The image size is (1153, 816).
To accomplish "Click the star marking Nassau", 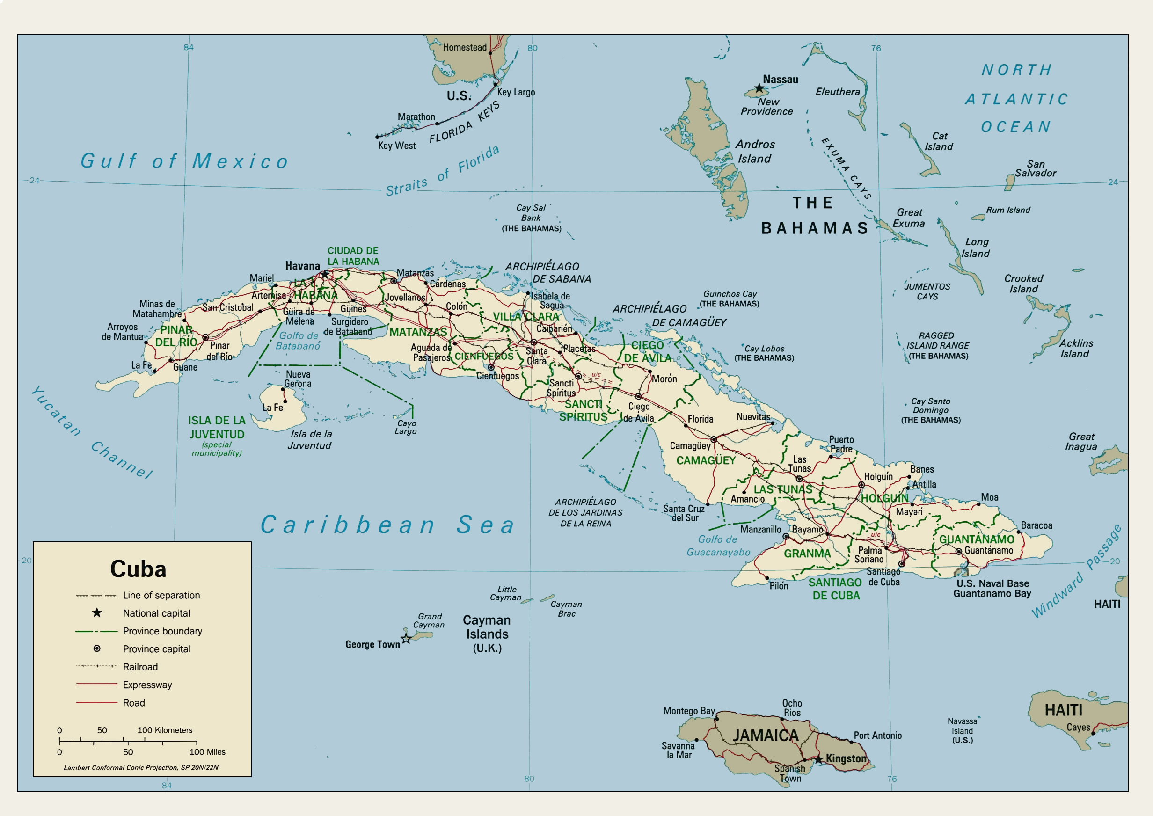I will (759, 88).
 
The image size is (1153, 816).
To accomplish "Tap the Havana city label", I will (302, 266).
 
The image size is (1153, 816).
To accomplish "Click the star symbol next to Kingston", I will (819, 759).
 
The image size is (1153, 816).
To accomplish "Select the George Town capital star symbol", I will (406, 639).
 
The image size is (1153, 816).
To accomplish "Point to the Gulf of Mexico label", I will (184, 161).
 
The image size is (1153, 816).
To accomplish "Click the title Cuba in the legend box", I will (138, 569).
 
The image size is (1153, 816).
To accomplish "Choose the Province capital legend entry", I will (156, 648).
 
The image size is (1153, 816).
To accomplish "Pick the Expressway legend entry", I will (147, 685).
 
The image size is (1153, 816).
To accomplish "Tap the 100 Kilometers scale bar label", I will (165, 730).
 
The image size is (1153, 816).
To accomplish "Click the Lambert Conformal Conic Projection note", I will (141, 767).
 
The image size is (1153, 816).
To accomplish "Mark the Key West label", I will (397, 146).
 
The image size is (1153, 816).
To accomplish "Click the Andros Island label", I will (755, 151).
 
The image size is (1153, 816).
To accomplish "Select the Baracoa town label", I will (1036, 525).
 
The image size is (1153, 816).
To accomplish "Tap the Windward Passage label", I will (1076, 572).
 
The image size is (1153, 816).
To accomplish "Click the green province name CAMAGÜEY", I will (705, 460).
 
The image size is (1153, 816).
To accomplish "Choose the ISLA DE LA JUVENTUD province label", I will (217, 428).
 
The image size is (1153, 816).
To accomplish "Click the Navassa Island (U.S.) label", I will (962, 730).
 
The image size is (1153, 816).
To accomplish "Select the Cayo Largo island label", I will (405, 427).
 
